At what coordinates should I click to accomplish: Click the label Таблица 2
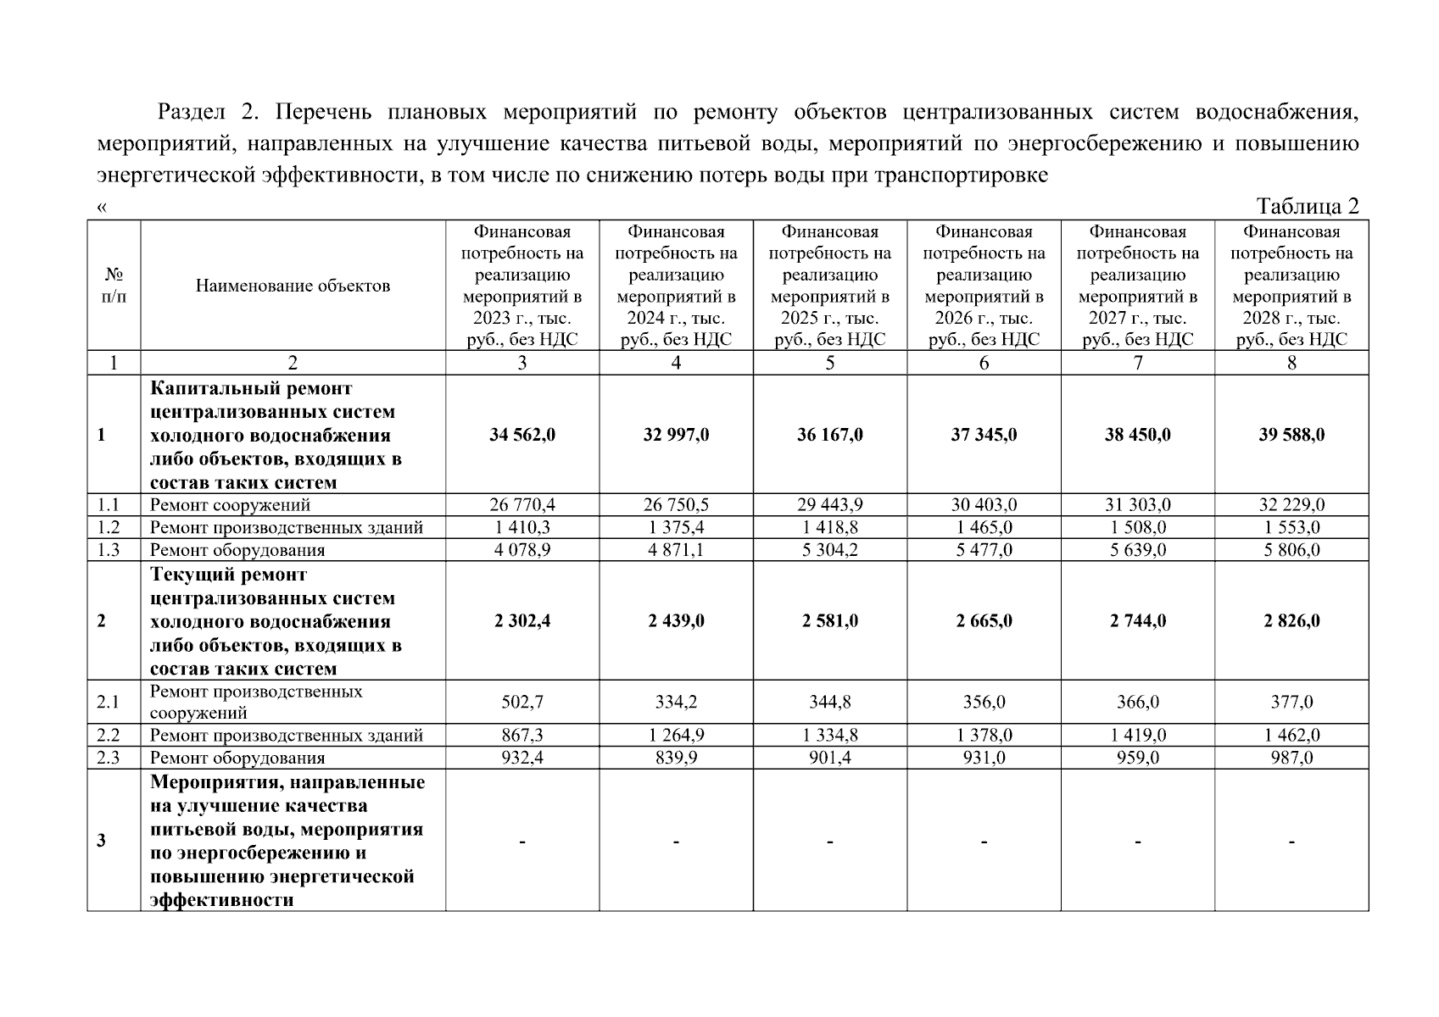pos(1308,207)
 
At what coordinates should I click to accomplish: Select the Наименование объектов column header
pos(293,286)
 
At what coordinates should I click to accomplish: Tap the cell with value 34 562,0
pos(522,435)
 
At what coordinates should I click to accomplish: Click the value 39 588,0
pos(1291,435)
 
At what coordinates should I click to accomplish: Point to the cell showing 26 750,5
pos(676,505)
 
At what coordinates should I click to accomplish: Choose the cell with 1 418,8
pos(829,527)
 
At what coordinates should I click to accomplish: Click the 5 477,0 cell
pos(984,550)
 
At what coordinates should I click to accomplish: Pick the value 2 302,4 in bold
pos(522,621)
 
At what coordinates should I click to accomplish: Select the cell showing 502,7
pos(522,702)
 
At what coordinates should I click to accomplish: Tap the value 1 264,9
pos(676,736)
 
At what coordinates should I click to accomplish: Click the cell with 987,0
pos(1291,758)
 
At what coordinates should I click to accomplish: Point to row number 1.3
pos(109,550)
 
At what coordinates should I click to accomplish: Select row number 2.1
pos(109,702)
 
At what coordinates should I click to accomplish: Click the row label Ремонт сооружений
pos(230,505)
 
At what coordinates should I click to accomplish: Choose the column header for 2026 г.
pos(984,286)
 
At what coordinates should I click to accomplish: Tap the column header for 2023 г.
pos(522,286)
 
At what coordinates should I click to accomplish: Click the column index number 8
pos(1291,363)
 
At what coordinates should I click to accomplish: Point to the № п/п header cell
pos(114,286)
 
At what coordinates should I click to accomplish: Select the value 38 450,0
pos(1137,435)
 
